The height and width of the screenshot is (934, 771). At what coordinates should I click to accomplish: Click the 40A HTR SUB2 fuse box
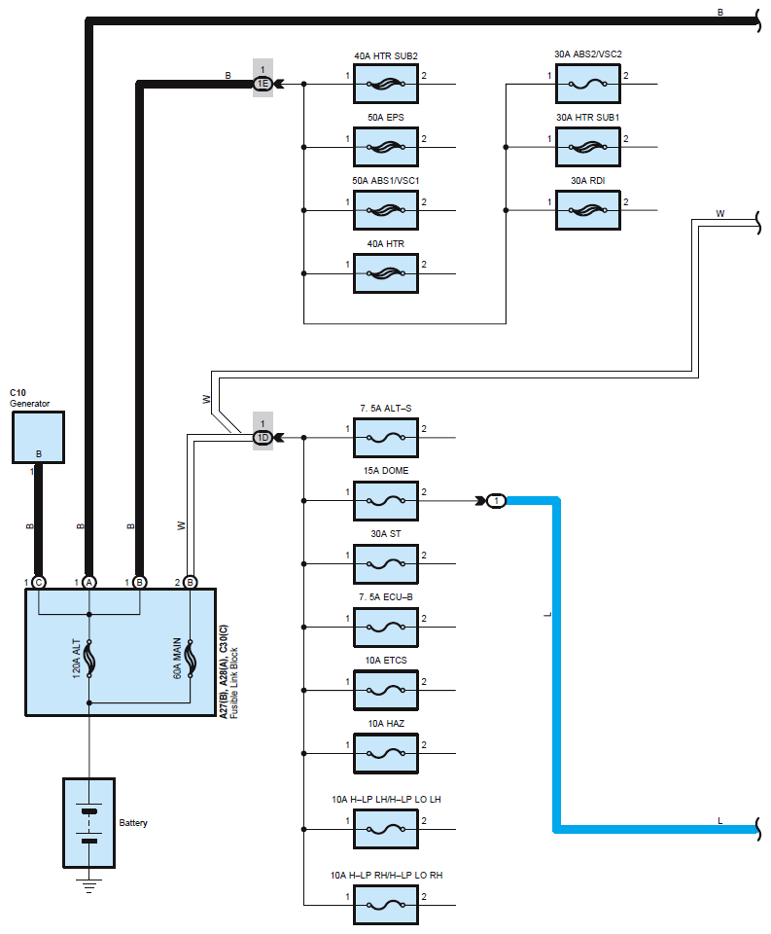386,84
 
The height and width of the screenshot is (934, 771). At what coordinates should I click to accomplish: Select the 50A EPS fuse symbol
386,147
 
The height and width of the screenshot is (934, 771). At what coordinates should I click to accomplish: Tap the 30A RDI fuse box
587,210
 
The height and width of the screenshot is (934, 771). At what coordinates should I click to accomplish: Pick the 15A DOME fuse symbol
386,501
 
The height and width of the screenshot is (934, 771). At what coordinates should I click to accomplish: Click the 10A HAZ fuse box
386,753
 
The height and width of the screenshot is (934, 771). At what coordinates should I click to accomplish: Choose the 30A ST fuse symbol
386,564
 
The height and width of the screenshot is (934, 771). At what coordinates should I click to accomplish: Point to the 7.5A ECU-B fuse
386,628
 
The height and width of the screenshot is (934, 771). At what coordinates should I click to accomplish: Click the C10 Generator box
38,437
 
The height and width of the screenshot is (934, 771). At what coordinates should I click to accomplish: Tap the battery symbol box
89,823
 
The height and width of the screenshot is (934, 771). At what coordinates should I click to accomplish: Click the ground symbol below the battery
89,885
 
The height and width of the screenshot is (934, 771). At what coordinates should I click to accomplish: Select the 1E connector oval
263,84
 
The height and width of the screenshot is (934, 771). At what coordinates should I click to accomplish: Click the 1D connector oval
263,438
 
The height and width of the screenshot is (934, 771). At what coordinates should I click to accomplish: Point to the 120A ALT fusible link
89,659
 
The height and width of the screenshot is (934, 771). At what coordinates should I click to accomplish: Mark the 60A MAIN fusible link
190,659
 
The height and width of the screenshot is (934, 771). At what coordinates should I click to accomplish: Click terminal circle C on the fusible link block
39,583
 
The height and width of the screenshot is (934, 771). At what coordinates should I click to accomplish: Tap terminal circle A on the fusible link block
89,583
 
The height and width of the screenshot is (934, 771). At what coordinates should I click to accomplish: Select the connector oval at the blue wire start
497,501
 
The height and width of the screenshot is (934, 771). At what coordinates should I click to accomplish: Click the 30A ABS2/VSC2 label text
587,54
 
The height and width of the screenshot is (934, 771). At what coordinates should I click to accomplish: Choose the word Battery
133,823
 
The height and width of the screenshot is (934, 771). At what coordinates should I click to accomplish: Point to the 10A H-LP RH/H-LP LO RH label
386,875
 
